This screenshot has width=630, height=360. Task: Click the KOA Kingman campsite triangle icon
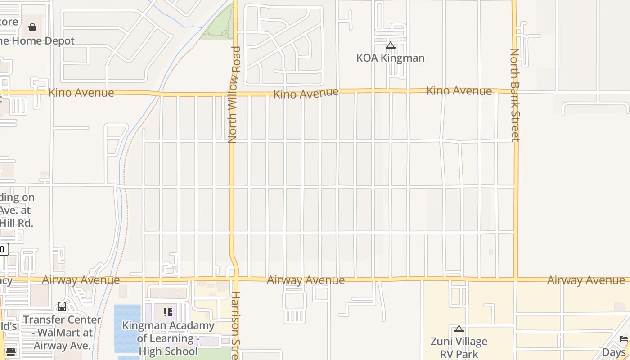pyautogui.click(x=390, y=45)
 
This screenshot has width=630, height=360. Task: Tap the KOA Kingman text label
pyautogui.click(x=390, y=58)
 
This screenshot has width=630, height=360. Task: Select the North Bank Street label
pyautogui.click(x=515, y=94)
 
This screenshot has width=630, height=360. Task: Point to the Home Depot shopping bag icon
pyautogui.click(x=32, y=27)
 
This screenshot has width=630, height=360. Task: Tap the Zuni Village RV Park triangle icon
pyautogui.click(x=459, y=329)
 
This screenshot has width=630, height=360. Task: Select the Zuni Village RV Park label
pyautogui.click(x=459, y=348)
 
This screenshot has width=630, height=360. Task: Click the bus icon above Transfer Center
pyautogui.click(x=62, y=306)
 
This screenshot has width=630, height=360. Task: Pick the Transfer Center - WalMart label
pyautogui.click(x=63, y=333)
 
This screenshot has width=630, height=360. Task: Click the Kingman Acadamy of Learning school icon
pyautogui.click(x=168, y=312)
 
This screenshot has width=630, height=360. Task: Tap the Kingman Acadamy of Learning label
pyautogui.click(x=168, y=338)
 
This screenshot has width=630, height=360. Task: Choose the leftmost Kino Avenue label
pyautogui.click(x=81, y=93)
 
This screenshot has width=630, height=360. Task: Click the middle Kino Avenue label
pyautogui.click(x=306, y=94)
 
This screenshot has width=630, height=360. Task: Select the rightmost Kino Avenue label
pyautogui.click(x=459, y=91)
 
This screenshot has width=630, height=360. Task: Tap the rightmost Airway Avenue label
pyautogui.click(x=586, y=280)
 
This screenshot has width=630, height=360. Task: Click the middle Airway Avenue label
pyautogui.click(x=306, y=280)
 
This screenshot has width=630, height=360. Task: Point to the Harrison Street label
pyautogui.click(x=235, y=325)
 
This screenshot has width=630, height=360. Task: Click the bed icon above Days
pyautogui.click(x=623, y=339)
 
